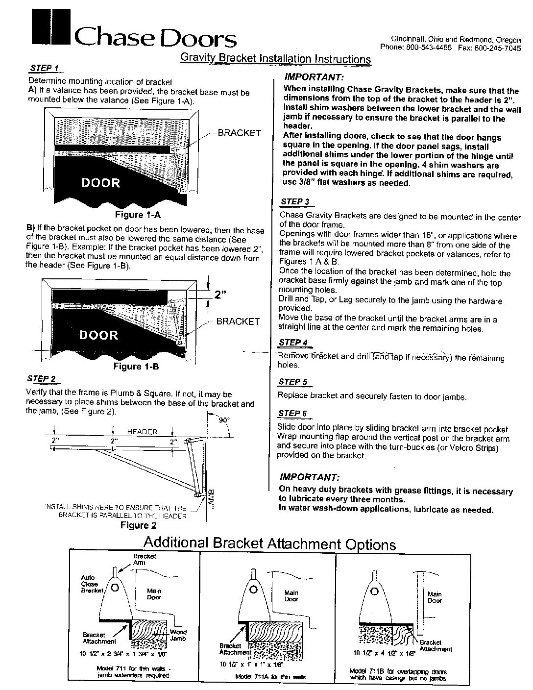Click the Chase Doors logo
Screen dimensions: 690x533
(132, 30)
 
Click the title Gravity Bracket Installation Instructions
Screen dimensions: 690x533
(275, 59)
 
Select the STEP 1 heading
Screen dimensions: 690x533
(44, 68)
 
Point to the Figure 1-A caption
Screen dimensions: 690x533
(138, 215)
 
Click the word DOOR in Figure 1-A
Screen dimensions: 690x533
(100, 183)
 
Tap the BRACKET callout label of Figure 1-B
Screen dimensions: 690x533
(238, 321)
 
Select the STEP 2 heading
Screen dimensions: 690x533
(44, 378)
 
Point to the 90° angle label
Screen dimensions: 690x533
(224, 420)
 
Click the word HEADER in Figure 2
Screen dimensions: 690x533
(142, 432)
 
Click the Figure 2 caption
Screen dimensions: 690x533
(139, 525)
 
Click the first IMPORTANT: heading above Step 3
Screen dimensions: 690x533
(314, 77)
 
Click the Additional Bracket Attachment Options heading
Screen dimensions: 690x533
(269, 543)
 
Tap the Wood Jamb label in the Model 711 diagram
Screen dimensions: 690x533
(178, 635)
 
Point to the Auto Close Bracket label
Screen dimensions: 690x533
(89, 584)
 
